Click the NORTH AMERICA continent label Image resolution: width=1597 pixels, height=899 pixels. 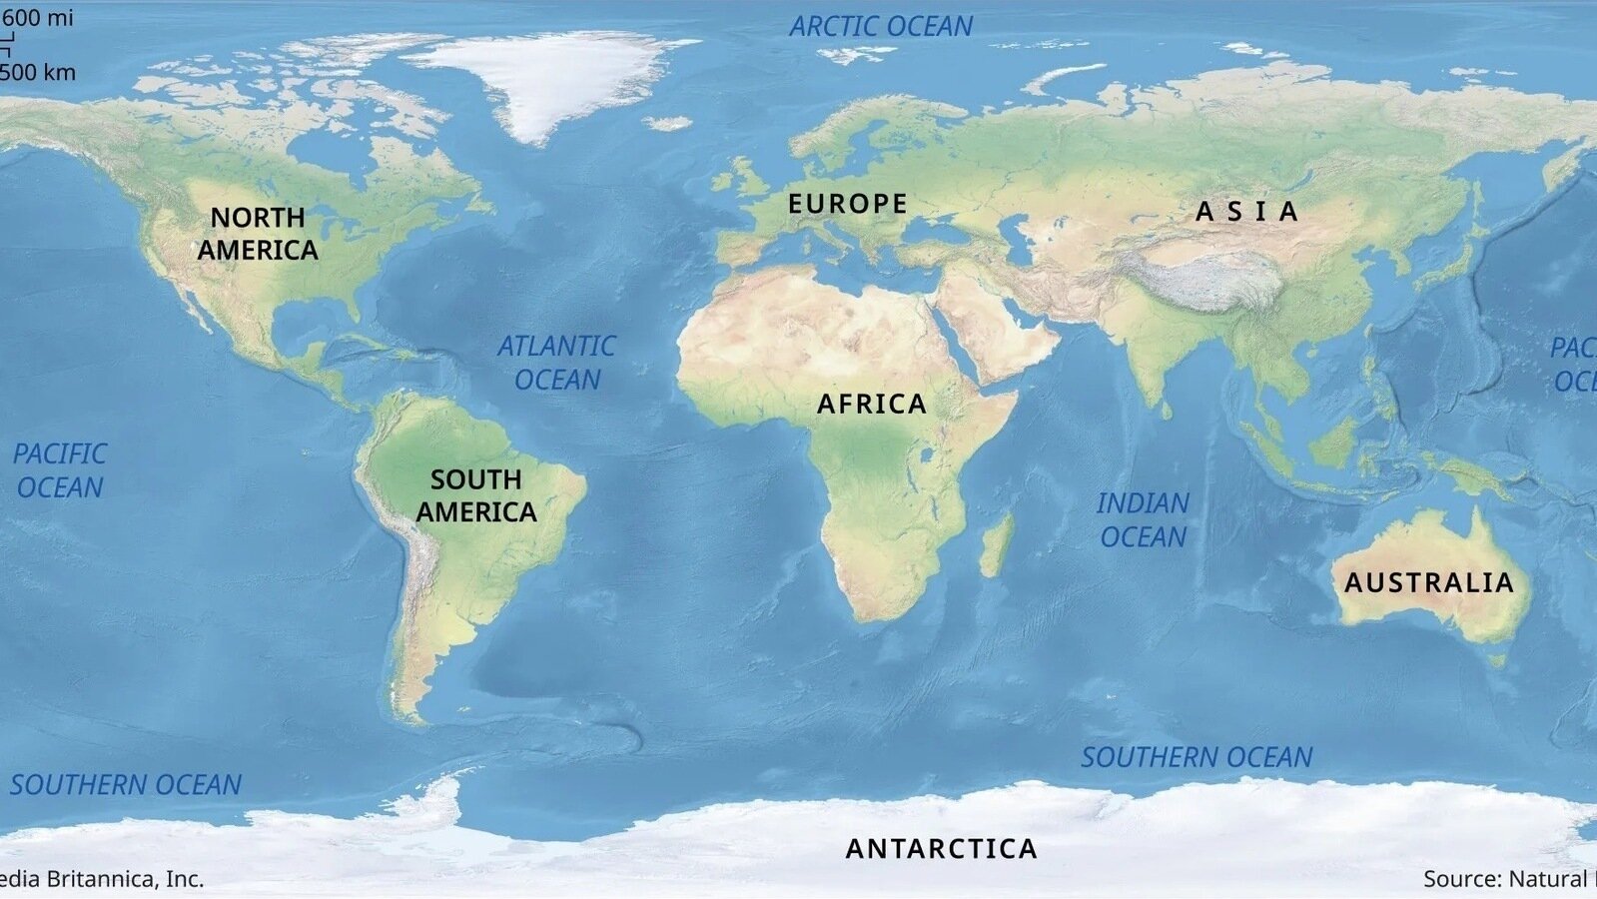(x=258, y=233)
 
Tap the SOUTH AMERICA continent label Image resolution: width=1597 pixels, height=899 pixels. (x=476, y=495)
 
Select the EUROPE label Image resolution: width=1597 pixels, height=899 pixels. (x=848, y=204)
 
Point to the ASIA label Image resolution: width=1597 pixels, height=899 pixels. (x=1247, y=212)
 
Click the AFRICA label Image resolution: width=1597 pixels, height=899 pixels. (x=872, y=404)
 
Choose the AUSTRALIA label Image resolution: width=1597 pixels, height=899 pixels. (x=1428, y=582)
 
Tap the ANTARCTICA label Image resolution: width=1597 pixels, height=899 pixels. (x=942, y=848)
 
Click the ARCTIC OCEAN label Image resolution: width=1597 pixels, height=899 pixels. (x=881, y=27)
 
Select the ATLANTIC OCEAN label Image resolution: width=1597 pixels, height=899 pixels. (x=557, y=363)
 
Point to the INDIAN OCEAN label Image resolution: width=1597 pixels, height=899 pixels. (x=1143, y=519)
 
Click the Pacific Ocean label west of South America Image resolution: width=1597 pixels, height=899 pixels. (x=60, y=470)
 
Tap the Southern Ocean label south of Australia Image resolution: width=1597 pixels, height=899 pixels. (x=1197, y=757)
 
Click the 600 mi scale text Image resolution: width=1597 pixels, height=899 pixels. (x=38, y=18)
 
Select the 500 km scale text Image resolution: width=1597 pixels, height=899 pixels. (x=38, y=72)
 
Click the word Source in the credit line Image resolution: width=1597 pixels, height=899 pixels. (x=1461, y=878)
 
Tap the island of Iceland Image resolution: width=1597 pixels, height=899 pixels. (x=668, y=124)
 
